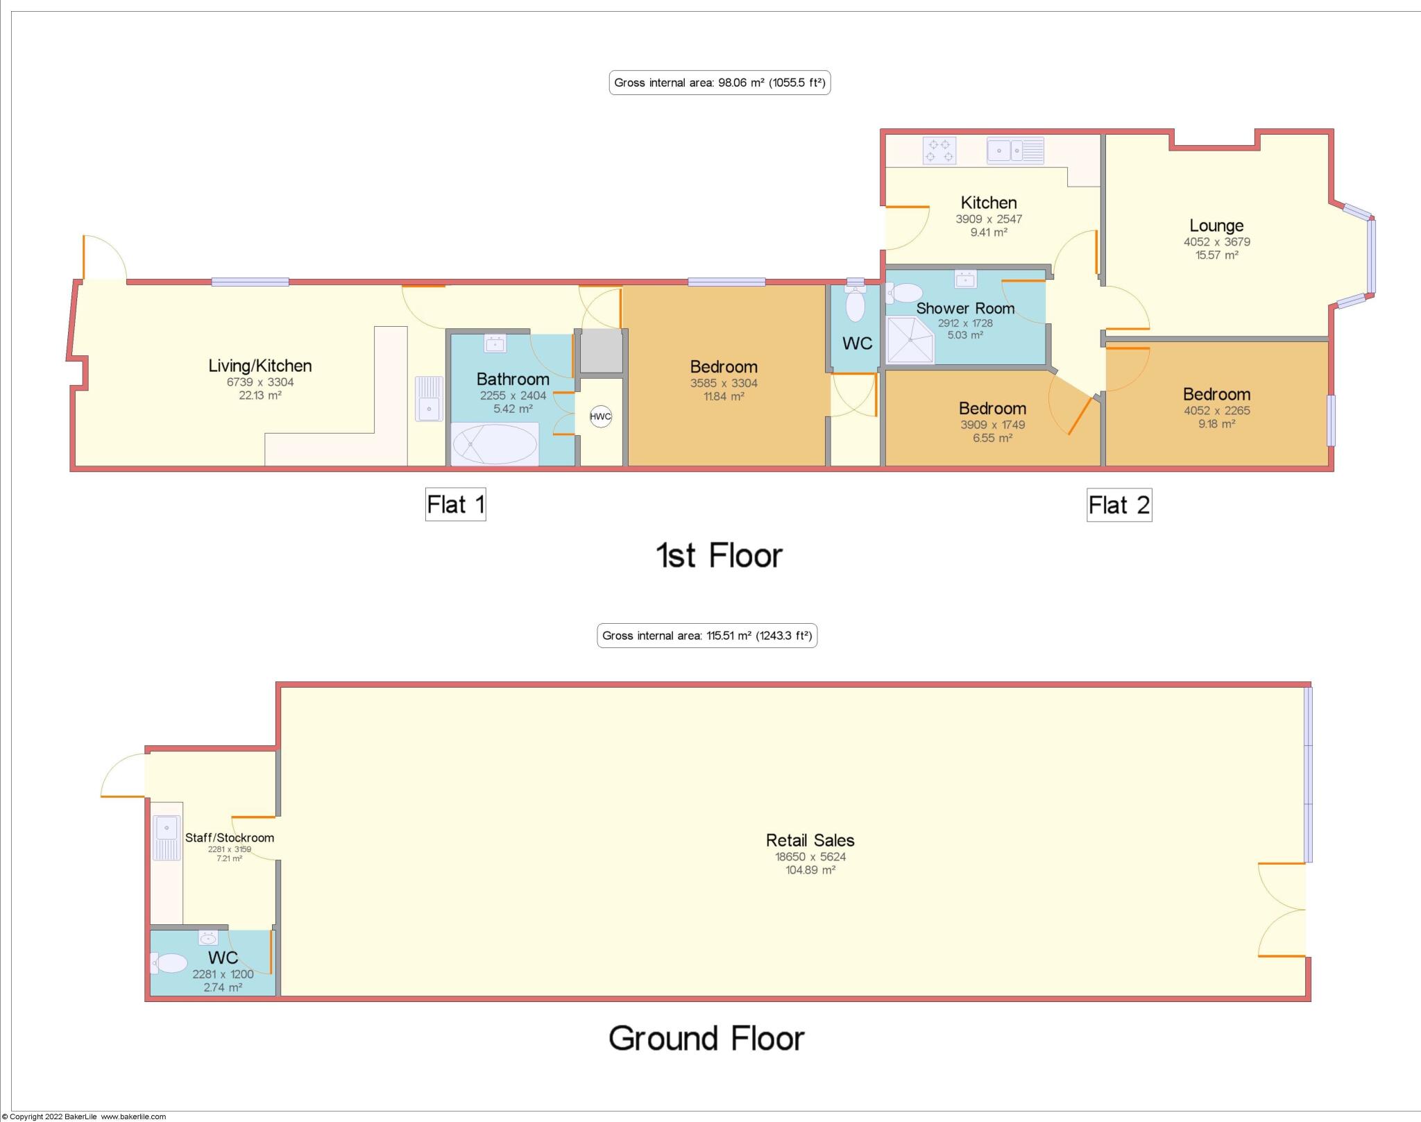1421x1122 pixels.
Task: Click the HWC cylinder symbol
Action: pyautogui.click(x=600, y=417)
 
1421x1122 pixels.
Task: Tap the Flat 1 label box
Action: pyautogui.click(x=455, y=504)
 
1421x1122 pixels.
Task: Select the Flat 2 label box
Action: pyautogui.click(x=1118, y=505)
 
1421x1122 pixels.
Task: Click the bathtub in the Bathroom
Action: pyautogui.click(x=494, y=444)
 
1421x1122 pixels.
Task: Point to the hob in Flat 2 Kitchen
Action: pyautogui.click(x=939, y=151)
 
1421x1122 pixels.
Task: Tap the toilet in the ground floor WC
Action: pyautogui.click(x=169, y=963)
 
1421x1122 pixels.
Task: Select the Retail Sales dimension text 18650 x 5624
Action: pyautogui.click(x=810, y=857)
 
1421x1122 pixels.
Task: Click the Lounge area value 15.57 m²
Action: pyautogui.click(x=1216, y=255)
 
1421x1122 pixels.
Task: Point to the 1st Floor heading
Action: pyautogui.click(x=719, y=556)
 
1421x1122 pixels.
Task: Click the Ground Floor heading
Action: pyautogui.click(x=706, y=1039)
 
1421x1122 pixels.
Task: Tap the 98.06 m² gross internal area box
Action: pyautogui.click(x=720, y=83)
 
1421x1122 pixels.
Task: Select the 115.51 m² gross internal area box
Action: pyautogui.click(x=706, y=636)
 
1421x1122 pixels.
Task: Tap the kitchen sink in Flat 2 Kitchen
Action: pyautogui.click(x=1015, y=151)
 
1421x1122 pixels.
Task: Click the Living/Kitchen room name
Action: pyautogui.click(x=260, y=366)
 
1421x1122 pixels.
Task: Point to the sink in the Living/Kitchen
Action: pyautogui.click(x=429, y=398)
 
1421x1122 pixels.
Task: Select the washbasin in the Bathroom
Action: pyautogui.click(x=495, y=344)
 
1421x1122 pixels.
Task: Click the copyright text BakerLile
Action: pyautogui.click(x=83, y=1116)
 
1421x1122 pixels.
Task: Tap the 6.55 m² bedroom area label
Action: pyautogui.click(x=992, y=439)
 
